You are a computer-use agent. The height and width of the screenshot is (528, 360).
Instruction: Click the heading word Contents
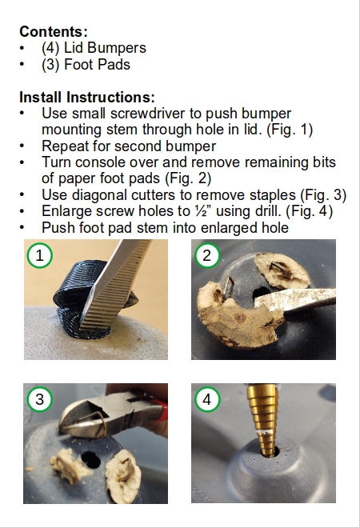point(51,32)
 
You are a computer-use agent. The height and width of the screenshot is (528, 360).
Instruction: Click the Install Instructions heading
point(87,98)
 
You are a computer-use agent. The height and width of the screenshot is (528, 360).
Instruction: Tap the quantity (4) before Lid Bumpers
point(50,48)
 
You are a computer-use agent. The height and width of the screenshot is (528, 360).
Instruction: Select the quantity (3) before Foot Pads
point(50,64)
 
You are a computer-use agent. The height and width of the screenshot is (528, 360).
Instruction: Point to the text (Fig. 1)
point(290,130)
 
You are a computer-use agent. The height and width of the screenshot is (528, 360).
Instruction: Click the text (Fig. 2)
point(188,178)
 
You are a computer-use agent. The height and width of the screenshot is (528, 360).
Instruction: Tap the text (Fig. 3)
point(323,195)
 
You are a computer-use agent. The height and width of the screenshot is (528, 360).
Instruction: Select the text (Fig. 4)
point(309,211)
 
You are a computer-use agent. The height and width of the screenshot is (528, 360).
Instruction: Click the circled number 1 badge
point(40,255)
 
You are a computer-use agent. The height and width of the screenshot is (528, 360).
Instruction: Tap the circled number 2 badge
point(207,255)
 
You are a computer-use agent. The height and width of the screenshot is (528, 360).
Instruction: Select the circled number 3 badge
point(40,399)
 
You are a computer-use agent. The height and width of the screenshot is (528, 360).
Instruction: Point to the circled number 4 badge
point(207,399)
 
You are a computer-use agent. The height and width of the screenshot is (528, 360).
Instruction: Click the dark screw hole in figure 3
point(90,459)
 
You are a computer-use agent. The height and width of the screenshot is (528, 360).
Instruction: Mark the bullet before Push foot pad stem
point(22,228)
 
